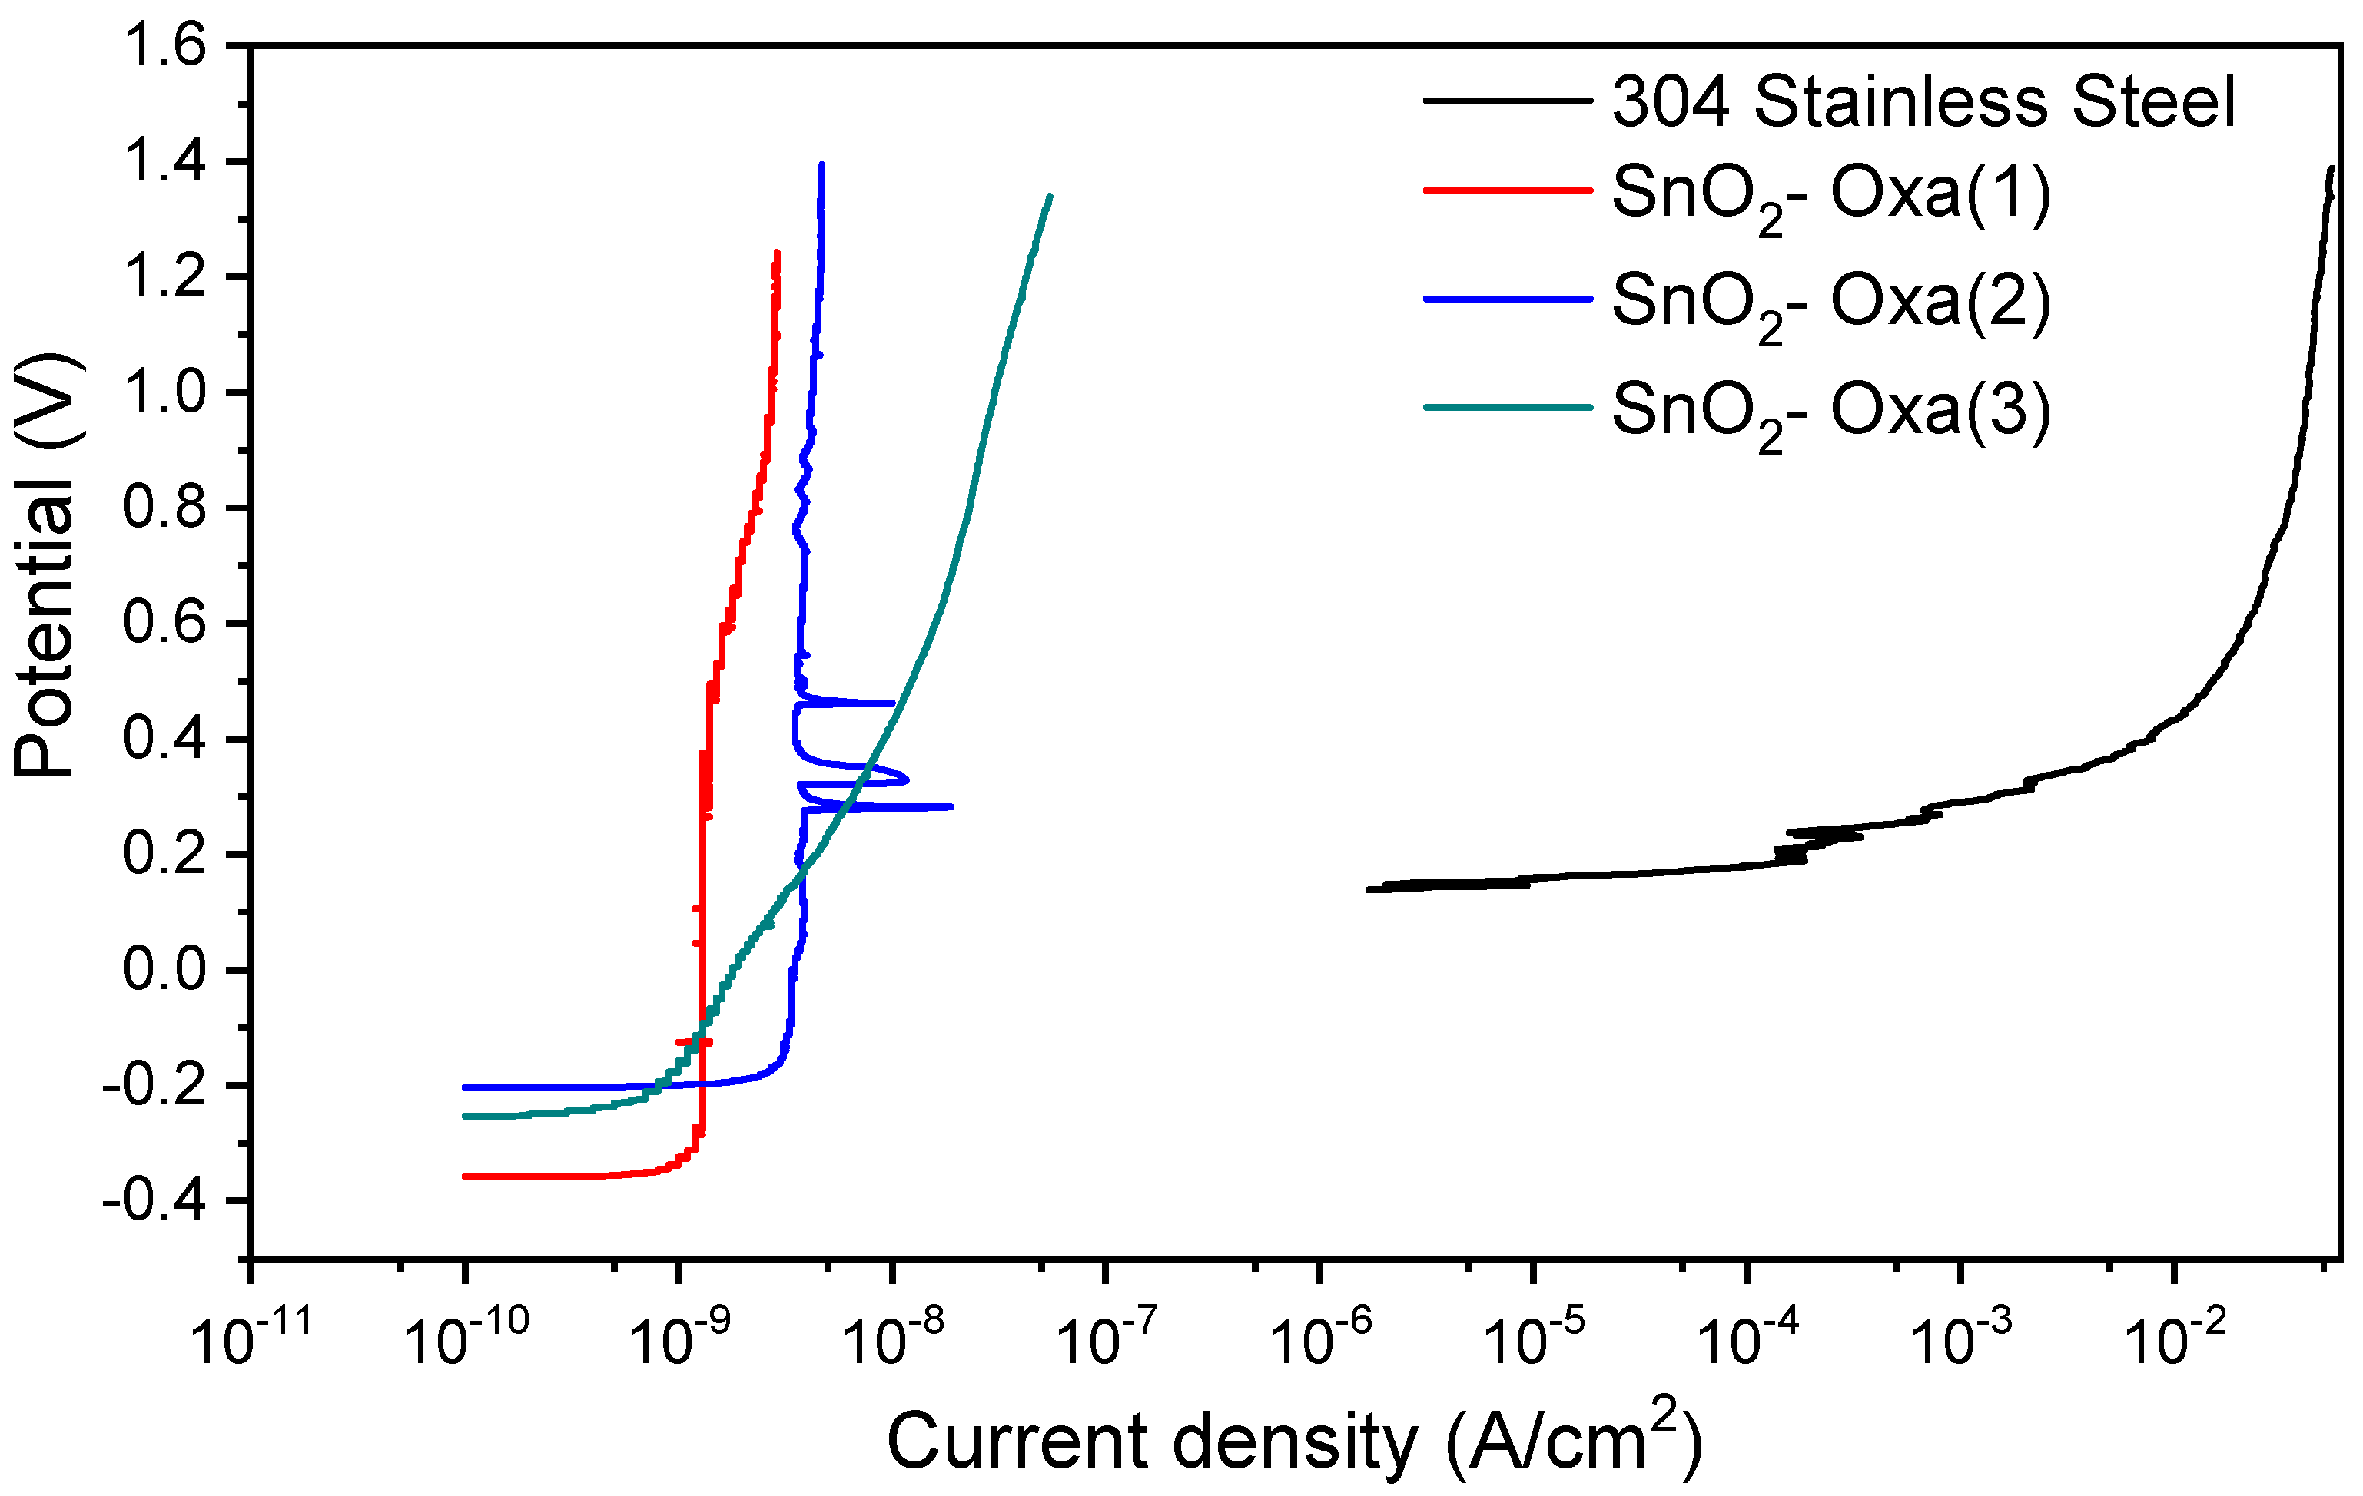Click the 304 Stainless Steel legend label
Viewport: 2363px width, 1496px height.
(1923, 102)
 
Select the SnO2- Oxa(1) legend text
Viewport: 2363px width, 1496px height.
(1831, 194)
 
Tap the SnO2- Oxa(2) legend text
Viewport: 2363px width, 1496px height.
(1831, 302)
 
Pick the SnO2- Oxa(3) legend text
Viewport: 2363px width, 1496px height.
(1831, 411)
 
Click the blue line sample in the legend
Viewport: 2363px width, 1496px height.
(1506, 298)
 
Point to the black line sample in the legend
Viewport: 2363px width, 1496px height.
(1506, 100)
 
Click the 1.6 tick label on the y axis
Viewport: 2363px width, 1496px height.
(165, 47)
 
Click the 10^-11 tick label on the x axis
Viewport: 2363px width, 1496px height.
(251, 1340)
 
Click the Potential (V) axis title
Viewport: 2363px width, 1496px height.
(45, 567)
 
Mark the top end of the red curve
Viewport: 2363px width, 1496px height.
(776, 252)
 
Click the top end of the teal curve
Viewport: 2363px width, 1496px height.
(1050, 196)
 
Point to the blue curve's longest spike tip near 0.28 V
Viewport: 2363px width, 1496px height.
(951, 806)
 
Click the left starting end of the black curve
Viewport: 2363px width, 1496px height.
(1368, 890)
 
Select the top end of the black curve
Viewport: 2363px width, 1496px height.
(2331, 169)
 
